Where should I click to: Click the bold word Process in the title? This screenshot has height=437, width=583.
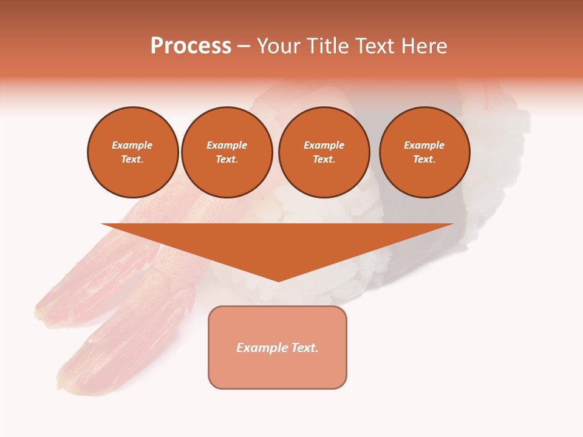[191, 46]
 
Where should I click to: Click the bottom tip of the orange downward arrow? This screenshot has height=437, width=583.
[278, 280]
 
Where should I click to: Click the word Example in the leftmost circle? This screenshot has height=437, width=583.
[132, 145]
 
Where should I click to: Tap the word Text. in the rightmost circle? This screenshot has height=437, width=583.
[424, 159]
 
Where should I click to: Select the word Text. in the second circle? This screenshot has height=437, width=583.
[227, 159]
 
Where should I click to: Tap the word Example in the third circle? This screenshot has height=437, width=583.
[324, 145]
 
